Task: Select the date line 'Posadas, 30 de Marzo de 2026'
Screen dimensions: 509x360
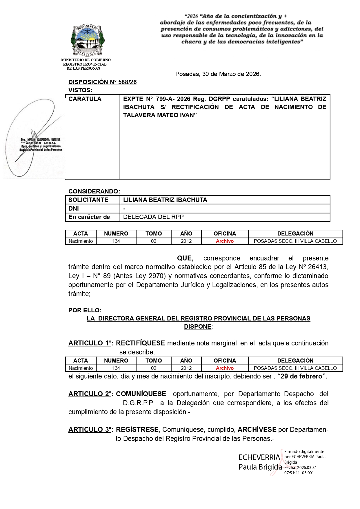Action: pos(218,74)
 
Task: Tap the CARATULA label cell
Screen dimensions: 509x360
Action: pos(85,99)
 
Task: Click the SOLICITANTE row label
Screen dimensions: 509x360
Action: pos(88,200)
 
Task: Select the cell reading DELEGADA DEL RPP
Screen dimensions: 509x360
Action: pos(153,217)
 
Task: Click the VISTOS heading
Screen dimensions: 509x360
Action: pos(80,90)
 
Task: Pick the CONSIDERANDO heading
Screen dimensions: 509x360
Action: pos(94,191)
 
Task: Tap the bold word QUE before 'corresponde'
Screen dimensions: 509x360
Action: pos(185,258)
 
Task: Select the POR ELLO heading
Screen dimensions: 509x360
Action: pos(85,310)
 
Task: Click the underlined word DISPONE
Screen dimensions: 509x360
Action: pos(198,327)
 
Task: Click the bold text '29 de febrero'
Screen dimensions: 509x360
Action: pos(302,376)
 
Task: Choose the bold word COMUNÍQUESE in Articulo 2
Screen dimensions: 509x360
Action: pos(141,394)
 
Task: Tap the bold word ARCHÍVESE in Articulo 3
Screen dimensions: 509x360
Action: pos(257,430)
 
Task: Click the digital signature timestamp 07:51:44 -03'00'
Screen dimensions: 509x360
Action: pos(298,473)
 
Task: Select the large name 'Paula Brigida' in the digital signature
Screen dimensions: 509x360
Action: pos(260,467)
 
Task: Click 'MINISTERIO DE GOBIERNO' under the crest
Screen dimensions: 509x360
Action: pos(86,60)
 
